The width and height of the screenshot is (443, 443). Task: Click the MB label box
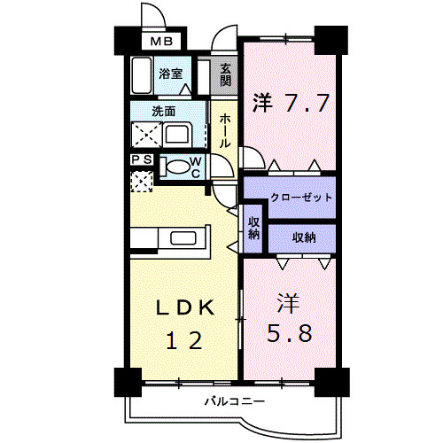tap(161, 41)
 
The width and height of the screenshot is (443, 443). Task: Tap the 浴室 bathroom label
tap(171, 74)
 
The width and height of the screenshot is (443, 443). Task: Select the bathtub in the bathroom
tap(142, 75)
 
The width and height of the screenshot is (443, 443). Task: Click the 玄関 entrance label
tap(225, 75)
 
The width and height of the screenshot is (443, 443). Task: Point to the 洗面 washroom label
tap(164, 112)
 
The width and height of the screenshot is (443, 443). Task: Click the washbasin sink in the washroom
tap(177, 136)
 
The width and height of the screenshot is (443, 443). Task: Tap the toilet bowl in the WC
tap(175, 167)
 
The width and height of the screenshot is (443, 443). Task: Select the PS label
tap(142, 159)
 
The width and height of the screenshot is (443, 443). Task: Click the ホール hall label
tap(225, 130)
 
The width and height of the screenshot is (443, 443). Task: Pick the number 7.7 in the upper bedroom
tap(307, 103)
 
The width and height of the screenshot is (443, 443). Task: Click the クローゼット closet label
tap(301, 197)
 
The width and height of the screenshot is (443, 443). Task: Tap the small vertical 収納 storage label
tap(253, 228)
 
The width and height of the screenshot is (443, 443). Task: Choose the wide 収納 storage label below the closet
tap(304, 237)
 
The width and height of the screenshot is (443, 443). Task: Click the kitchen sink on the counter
tap(183, 238)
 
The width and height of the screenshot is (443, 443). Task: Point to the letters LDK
tap(185, 307)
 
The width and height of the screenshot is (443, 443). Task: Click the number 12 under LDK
tap(184, 340)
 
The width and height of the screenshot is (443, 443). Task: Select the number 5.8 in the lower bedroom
tap(290, 333)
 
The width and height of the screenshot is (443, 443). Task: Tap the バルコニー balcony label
tap(235, 401)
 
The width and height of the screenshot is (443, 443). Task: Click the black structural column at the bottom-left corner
tap(128, 382)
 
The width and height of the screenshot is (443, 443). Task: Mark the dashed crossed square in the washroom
tap(146, 135)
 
